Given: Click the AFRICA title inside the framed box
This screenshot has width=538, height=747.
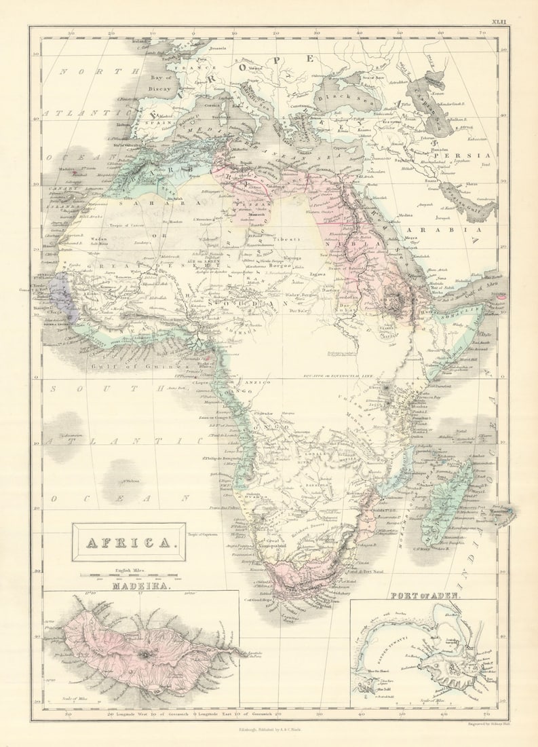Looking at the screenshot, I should (x=128, y=543).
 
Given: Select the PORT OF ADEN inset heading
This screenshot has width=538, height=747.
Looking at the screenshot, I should (x=425, y=596).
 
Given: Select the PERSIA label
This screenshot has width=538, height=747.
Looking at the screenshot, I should (x=461, y=156).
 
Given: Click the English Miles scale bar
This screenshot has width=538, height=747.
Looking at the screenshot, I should (x=132, y=576).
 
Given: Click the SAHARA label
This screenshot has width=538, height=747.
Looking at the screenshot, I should (x=132, y=202).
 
